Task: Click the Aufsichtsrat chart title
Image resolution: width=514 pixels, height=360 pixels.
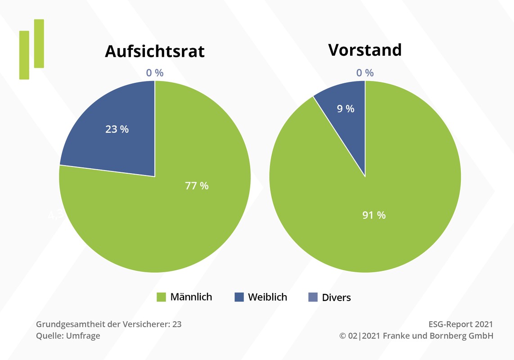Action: (x=154, y=51)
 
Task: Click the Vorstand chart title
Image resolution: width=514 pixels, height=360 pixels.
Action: (x=365, y=50)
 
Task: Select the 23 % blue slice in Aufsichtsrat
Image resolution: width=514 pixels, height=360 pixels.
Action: (x=113, y=135)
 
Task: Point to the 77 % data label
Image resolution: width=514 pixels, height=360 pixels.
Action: (x=197, y=186)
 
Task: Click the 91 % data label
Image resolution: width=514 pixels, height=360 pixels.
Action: (x=374, y=216)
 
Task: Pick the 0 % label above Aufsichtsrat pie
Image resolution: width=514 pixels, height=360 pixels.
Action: (x=155, y=73)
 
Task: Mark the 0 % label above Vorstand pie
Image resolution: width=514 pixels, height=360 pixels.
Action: (x=365, y=73)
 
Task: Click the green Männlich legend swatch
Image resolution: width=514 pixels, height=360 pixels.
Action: (x=162, y=297)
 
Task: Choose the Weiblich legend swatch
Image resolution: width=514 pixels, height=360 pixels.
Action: (x=239, y=297)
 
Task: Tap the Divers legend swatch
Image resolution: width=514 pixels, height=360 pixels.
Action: (x=313, y=297)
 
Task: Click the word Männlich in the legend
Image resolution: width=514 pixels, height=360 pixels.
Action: (x=191, y=297)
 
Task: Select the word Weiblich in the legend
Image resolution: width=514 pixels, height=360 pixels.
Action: (x=267, y=297)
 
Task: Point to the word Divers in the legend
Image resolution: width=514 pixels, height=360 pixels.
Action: (x=336, y=297)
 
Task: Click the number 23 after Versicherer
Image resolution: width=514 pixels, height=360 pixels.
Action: (x=177, y=324)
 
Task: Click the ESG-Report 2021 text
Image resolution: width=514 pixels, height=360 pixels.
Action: (x=461, y=324)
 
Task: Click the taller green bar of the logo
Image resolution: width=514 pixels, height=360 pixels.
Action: (x=39, y=44)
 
